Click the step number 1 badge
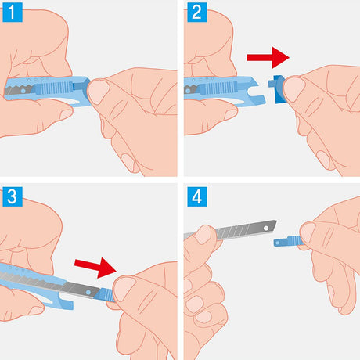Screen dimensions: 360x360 pyautogui.click(x=13, y=13)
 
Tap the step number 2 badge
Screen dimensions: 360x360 pyautogui.click(x=197, y=13)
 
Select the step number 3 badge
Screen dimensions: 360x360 pyautogui.click(x=13, y=196)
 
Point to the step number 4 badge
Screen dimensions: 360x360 pyautogui.click(x=197, y=196)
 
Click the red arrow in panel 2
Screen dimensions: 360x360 pyautogui.click(x=268, y=57)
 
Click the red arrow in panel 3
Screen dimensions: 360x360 pyautogui.click(x=95, y=267)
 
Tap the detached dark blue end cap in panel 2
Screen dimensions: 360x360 pyautogui.click(x=278, y=89)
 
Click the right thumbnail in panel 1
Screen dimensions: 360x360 pyautogui.click(x=99, y=92)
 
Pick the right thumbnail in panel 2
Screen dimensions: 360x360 pyautogui.click(x=294, y=89)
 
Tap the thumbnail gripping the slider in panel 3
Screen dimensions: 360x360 pyautogui.click(x=125, y=289)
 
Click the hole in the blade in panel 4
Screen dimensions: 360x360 pyautogui.click(x=266, y=228)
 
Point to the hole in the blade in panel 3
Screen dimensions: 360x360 pyautogui.click(x=88, y=293)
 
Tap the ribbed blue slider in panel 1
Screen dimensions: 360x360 pyautogui.click(x=52, y=88)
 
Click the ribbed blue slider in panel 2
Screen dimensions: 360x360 pyautogui.click(x=218, y=88)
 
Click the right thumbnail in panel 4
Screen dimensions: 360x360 pyautogui.click(x=308, y=232)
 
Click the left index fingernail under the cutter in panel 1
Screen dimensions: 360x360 pyautogui.click(x=66, y=114)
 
